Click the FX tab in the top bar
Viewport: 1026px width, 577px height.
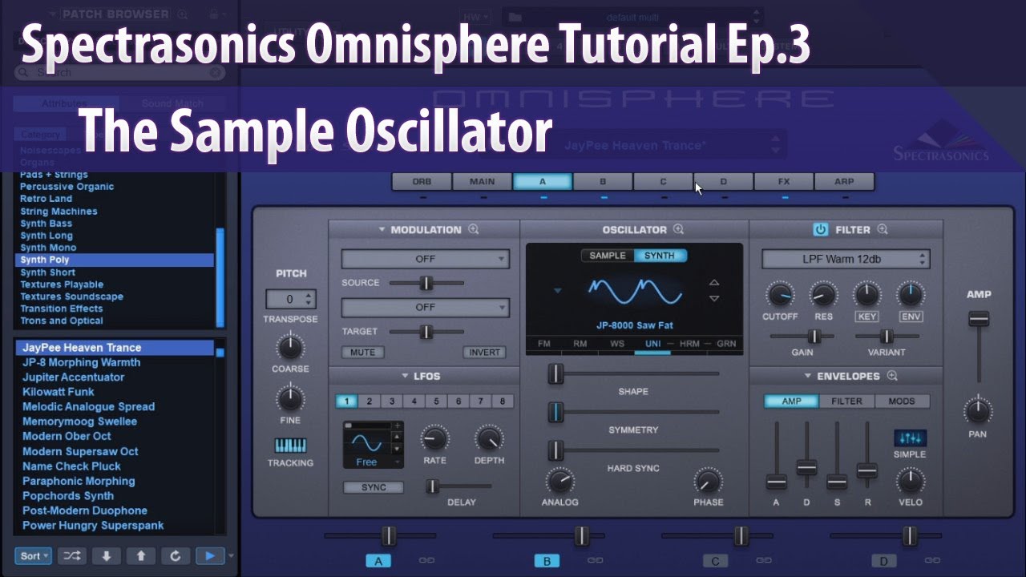coord(784,182)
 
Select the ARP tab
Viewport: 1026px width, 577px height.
coord(844,182)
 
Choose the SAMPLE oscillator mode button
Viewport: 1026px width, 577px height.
coord(608,256)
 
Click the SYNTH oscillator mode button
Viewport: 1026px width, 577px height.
coord(660,256)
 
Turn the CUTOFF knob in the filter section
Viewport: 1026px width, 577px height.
coord(780,295)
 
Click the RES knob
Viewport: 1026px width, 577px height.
coord(823,295)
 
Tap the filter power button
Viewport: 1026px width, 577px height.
coord(820,230)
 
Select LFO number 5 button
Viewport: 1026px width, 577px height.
coord(436,401)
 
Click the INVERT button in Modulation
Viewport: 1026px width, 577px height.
coord(484,353)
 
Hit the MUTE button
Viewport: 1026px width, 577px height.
coord(362,353)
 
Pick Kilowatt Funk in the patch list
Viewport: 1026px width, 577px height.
coord(59,392)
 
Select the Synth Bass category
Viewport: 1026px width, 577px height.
coord(46,224)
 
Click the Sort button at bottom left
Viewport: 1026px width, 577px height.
coord(33,555)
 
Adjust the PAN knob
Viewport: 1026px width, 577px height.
coord(978,411)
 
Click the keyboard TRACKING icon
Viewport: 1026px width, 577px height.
coord(290,446)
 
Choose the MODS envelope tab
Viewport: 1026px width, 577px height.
coord(902,401)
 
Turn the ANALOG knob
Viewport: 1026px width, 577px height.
coord(559,481)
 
